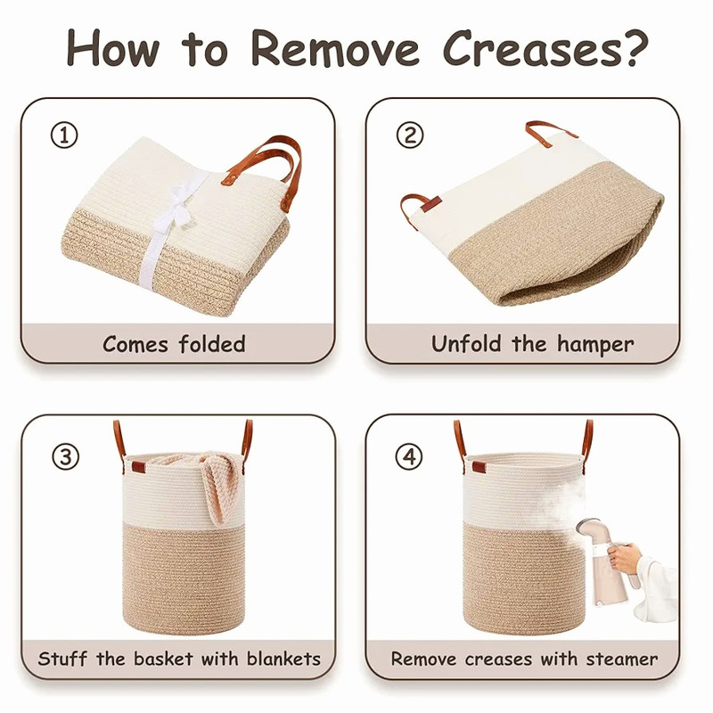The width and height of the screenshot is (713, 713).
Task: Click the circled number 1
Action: click(64, 135)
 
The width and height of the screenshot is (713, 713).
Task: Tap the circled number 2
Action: click(410, 135)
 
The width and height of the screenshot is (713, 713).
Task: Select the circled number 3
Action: click(65, 456)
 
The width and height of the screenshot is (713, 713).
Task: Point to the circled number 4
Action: click(409, 456)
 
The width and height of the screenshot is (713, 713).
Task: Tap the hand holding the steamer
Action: click(625, 558)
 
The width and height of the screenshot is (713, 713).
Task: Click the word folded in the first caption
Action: click(212, 344)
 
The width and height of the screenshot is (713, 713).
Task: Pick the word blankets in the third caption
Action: click(283, 659)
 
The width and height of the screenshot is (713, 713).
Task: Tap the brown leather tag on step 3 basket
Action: click(139, 467)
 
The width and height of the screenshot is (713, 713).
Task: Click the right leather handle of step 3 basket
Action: click(247, 442)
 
